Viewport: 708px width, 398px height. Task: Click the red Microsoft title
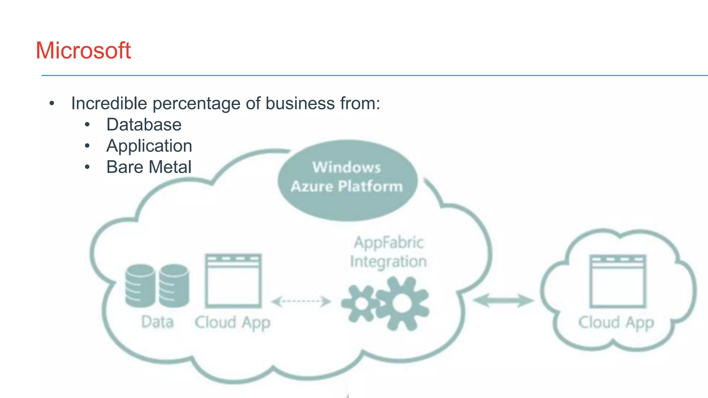click(x=83, y=51)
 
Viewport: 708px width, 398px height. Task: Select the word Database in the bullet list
click(x=144, y=125)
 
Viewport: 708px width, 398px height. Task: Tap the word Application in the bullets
click(x=149, y=146)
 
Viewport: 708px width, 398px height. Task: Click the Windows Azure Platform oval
click(x=347, y=180)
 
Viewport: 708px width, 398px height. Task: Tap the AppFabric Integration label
click(x=388, y=252)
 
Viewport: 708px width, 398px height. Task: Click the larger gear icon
click(x=402, y=303)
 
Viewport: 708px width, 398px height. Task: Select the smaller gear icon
click(x=362, y=304)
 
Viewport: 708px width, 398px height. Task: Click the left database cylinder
click(x=140, y=286)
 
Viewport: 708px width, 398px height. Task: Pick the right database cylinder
click(x=174, y=286)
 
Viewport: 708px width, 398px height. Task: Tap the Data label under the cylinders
click(x=157, y=322)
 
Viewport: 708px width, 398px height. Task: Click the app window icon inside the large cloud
click(x=233, y=281)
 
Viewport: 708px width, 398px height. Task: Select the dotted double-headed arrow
click(x=301, y=301)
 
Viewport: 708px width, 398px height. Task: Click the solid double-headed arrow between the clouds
click(x=503, y=300)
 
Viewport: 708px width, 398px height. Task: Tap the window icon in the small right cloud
click(x=617, y=281)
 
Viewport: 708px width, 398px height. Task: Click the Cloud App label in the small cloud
click(x=616, y=323)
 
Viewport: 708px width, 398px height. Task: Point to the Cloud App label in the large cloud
click(x=232, y=323)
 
